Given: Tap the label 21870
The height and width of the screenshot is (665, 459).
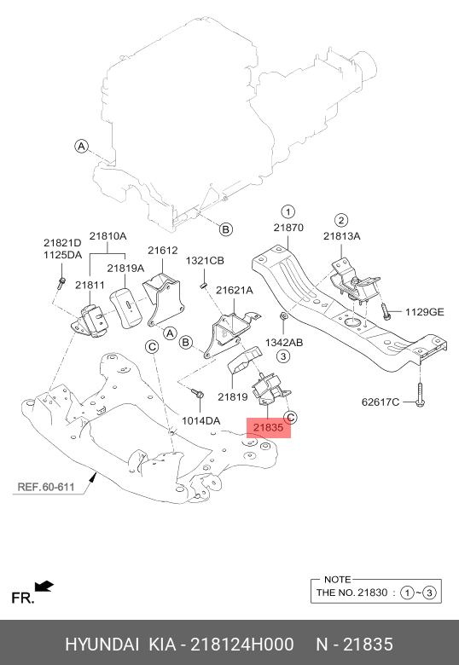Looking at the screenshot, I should (x=288, y=228).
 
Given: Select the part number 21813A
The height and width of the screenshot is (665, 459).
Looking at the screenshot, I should (x=341, y=236).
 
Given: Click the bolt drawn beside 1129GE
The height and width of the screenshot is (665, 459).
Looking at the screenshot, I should (x=386, y=312).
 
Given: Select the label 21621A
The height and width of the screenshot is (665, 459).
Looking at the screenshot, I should (x=235, y=290).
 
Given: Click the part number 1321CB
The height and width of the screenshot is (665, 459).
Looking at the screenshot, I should (x=205, y=260).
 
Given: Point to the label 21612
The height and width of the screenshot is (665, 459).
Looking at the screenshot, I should (x=162, y=250).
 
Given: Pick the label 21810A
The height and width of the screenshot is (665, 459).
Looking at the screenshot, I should (x=108, y=235).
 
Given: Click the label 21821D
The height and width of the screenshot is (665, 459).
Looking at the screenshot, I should (x=63, y=243).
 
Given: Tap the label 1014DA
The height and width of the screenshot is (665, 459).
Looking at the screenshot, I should (x=200, y=420).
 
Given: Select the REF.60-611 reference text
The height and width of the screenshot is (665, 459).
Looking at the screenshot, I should (x=46, y=489).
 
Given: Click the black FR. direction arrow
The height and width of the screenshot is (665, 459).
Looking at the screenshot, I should (x=44, y=586).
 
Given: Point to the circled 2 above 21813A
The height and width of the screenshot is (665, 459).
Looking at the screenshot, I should (x=340, y=219).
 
